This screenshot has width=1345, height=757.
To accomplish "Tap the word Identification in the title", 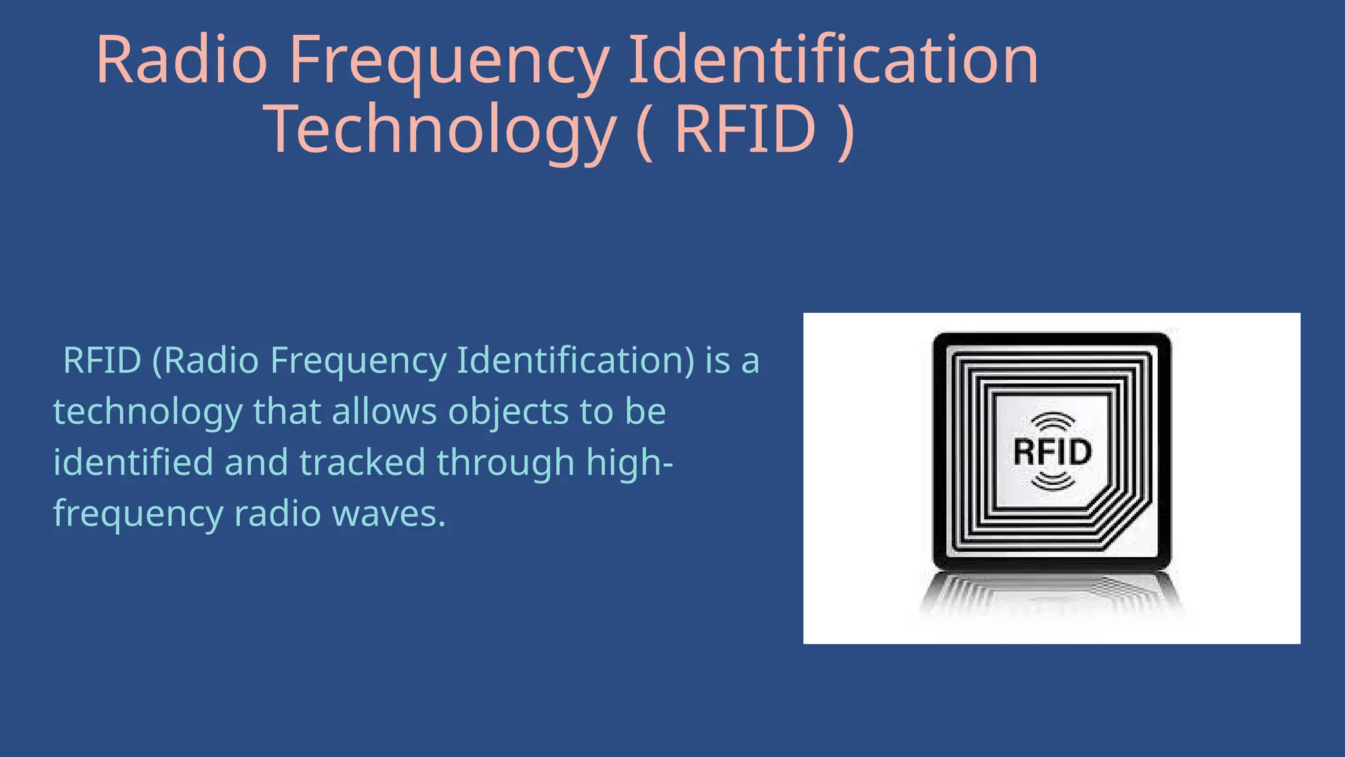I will [833, 60].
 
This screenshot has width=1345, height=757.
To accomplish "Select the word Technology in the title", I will [440, 129].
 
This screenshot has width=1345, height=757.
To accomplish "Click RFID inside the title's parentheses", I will [745, 129].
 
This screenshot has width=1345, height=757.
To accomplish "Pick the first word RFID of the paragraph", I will [102, 360].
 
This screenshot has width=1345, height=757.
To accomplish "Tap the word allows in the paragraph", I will [384, 411].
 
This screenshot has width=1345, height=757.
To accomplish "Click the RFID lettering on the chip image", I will [1052, 451].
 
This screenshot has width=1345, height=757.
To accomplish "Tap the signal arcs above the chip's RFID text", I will [1053, 422].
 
